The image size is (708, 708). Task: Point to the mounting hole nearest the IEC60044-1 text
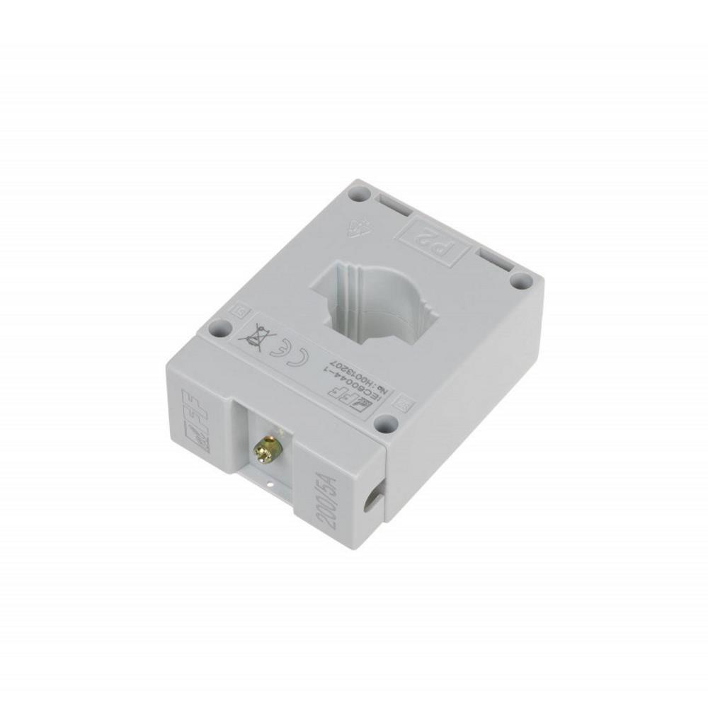click(x=384, y=424)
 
